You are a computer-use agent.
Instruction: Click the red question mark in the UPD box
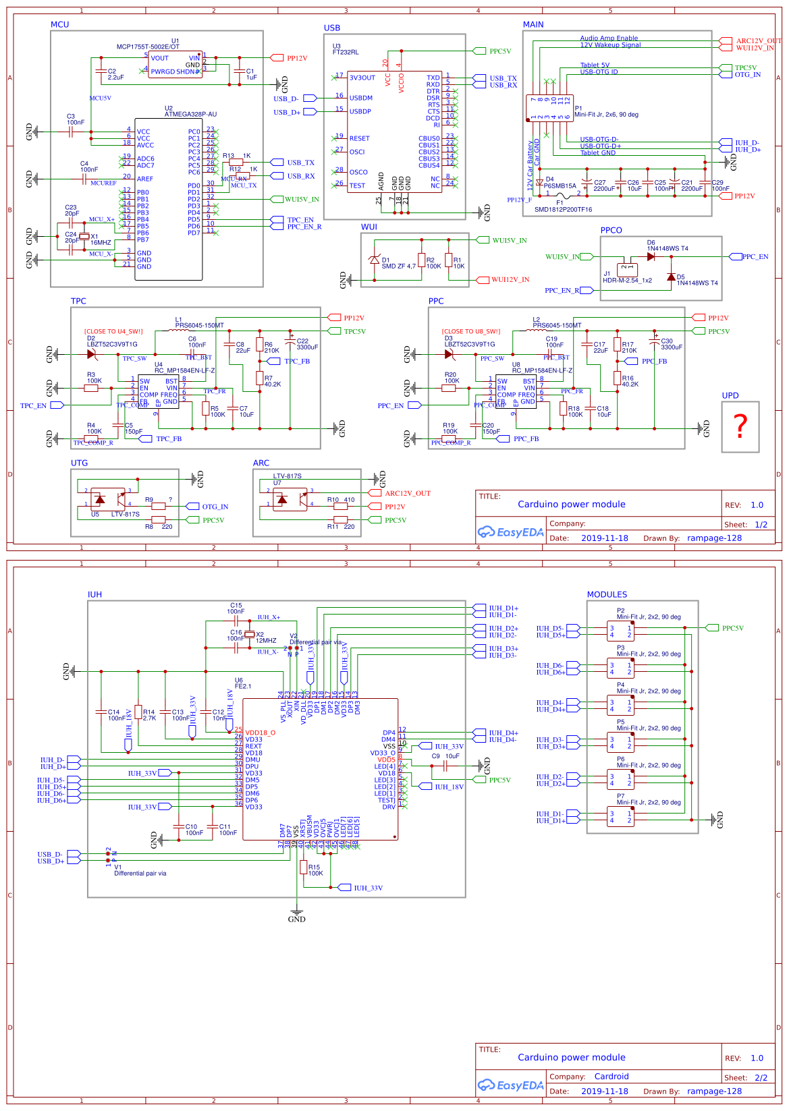(x=740, y=426)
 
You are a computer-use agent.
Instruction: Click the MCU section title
(x=60, y=24)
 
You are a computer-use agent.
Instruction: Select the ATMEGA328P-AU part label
(x=190, y=114)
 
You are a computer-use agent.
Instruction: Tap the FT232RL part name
(x=346, y=52)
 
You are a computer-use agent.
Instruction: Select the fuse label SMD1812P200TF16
(x=563, y=209)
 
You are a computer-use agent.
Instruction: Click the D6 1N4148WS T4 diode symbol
(x=651, y=256)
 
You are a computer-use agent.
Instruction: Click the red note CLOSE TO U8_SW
(x=471, y=331)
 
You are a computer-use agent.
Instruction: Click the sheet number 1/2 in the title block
(x=761, y=524)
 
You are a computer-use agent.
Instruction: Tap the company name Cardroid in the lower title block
(x=611, y=1076)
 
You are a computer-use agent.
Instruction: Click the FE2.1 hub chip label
(x=243, y=686)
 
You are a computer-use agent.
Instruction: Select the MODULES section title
(x=607, y=594)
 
